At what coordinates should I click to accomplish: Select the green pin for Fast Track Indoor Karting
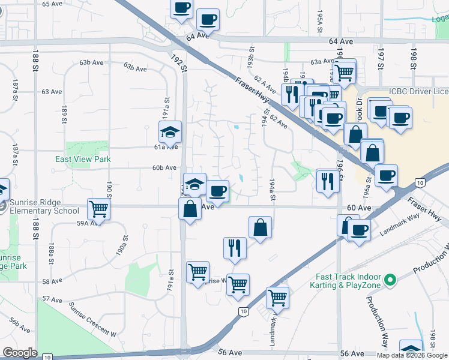click(390, 280)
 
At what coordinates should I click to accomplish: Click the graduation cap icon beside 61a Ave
click(170, 132)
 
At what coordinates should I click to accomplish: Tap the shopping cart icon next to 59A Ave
click(98, 209)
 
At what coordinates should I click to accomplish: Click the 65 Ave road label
click(52, 4)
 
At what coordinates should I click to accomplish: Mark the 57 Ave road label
click(52, 299)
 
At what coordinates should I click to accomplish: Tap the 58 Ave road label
click(52, 281)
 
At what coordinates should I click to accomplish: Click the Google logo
click(20, 353)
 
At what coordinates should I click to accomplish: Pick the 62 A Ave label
click(264, 84)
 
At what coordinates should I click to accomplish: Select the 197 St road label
click(380, 58)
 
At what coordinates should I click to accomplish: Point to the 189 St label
click(64, 113)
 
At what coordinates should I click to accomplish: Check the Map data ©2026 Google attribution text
click(412, 355)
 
